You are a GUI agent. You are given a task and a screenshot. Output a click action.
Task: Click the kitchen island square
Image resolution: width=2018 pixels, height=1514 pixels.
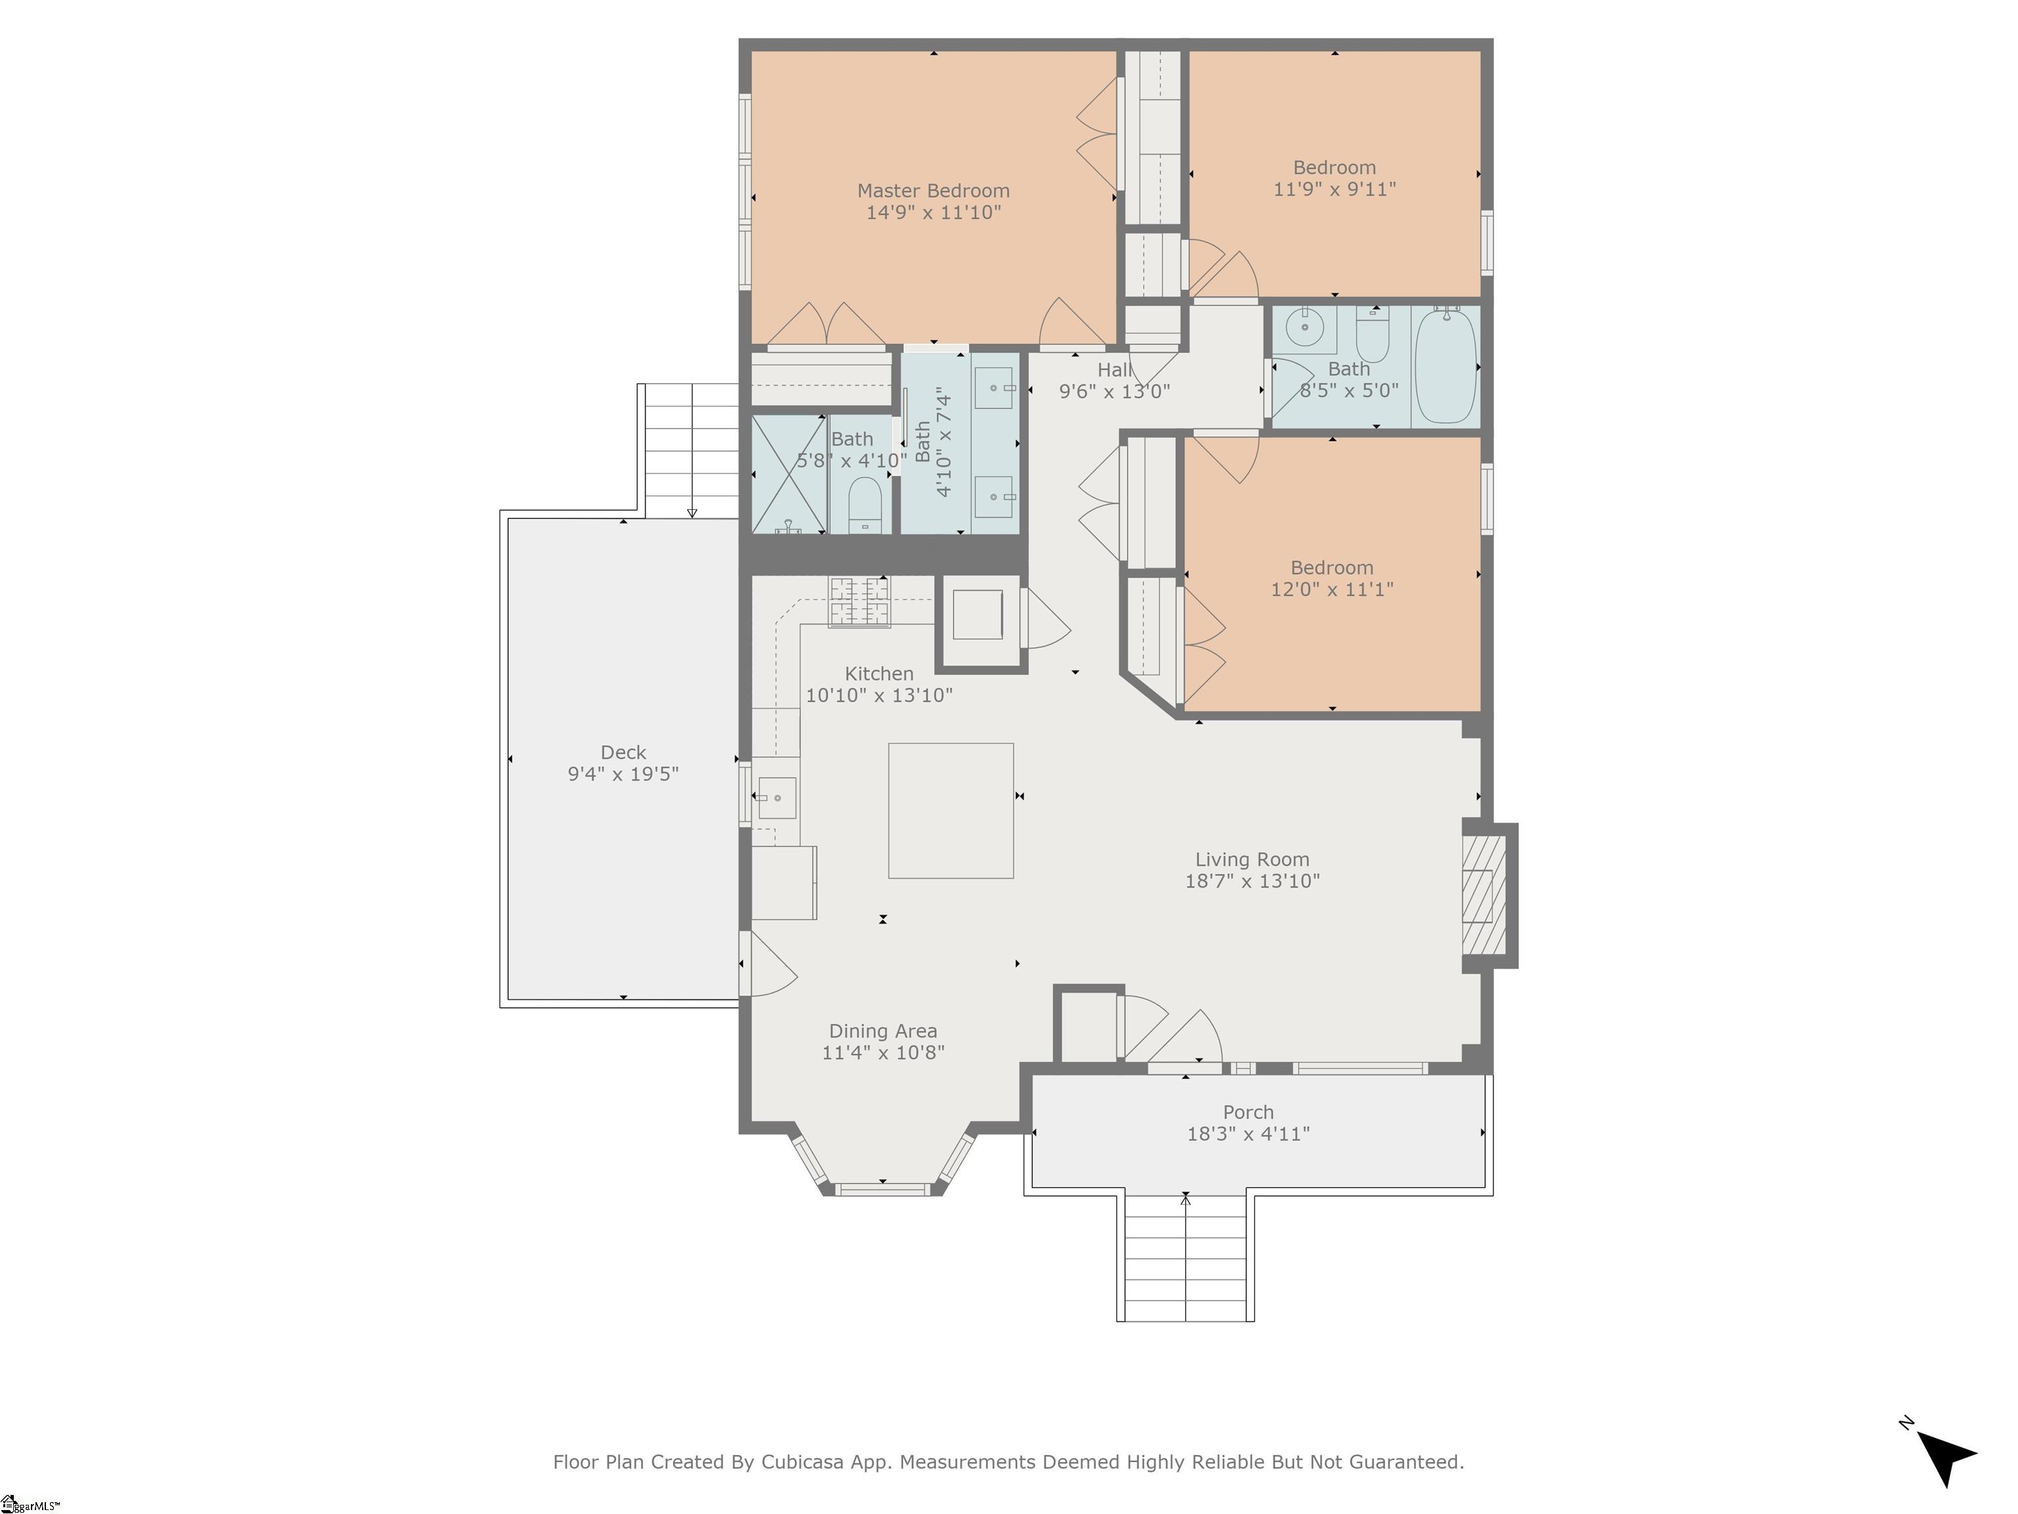pos(951,810)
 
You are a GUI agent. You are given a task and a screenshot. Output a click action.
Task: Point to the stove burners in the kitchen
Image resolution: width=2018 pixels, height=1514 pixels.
pos(859,601)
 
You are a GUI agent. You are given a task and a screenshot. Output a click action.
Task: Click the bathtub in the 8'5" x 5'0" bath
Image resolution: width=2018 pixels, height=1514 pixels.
pos(1445,365)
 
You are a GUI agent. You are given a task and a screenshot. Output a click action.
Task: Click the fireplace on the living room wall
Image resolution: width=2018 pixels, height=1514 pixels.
pos(1481,895)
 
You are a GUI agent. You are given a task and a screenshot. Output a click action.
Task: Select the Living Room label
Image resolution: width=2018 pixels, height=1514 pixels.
pos(1251,860)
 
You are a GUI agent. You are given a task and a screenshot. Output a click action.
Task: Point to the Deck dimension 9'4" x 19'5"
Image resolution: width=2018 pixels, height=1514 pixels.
pos(623,774)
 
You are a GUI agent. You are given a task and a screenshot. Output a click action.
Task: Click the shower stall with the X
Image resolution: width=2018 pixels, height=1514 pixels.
pos(788,474)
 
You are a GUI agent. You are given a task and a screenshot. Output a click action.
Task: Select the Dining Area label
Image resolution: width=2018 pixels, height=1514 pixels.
pos(882,1031)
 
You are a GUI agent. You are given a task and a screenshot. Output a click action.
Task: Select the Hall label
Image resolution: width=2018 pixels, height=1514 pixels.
pos(1114,369)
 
